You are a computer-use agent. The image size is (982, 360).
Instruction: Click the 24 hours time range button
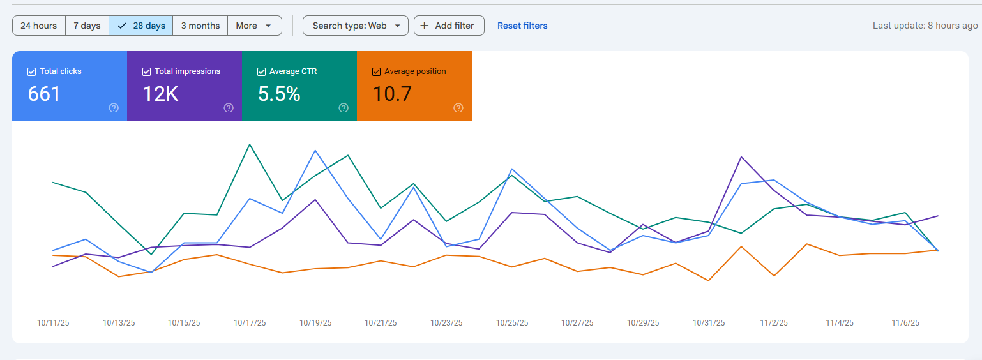(x=38, y=26)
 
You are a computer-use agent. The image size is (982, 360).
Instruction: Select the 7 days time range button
(x=87, y=26)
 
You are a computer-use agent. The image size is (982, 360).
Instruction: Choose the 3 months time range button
(x=200, y=26)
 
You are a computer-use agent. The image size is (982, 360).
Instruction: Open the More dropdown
(x=254, y=26)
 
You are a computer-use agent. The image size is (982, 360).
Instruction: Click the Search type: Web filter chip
(x=355, y=26)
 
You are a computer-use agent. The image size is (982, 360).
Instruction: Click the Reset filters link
(x=522, y=26)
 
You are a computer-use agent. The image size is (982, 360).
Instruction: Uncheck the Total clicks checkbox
(x=31, y=71)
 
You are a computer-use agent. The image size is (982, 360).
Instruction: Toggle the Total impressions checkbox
(x=146, y=71)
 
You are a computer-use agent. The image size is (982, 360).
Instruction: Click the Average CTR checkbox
(x=261, y=71)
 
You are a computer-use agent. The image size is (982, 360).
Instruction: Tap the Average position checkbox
(x=376, y=71)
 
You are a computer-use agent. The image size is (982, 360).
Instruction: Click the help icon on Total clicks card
(x=114, y=108)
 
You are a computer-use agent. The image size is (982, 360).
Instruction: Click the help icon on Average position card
(x=458, y=108)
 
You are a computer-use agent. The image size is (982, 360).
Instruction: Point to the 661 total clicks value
(x=44, y=94)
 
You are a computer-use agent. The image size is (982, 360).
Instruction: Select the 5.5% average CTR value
(x=278, y=94)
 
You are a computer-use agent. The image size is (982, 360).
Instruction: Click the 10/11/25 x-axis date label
(x=53, y=323)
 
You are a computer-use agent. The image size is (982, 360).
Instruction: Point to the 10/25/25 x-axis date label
(x=512, y=323)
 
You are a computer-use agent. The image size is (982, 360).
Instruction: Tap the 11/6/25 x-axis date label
(x=905, y=323)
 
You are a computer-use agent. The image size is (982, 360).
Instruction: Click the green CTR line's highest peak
(x=249, y=144)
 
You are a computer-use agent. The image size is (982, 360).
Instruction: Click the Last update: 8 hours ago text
(x=925, y=26)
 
